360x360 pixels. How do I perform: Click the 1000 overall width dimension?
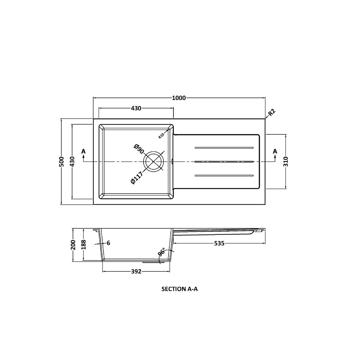pyautogui.click(x=179, y=98)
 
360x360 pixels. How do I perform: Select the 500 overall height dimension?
pyautogui.click(x=62, y=162)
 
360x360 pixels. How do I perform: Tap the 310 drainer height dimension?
pyautogui.click(x=286, y=162)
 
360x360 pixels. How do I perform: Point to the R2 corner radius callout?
pyautogui.click(x=272, y=113)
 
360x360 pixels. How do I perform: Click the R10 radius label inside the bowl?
pyautogui.click(x=162, y=136)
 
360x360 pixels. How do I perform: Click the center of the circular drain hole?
pyautogui.click(x=153, y=162)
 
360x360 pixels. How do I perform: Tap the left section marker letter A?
pyautogui.click(x=83, y=152)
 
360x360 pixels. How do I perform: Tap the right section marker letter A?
pyautogui.click(x=275, y=152)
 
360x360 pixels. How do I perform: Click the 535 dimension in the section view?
pyautogui.click(x=219, y=243)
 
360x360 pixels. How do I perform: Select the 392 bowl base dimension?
pyautogui.click(x=136, y=271)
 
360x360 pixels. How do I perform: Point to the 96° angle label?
pyautogui.click(x=162, y=252)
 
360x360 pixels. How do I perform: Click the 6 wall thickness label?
pyautogui.click(x=109, y=243)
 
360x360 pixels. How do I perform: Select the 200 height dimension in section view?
pyautogui.click(x=73, y=245)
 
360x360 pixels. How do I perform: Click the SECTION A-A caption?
pyautogui.click(x=179, y=289)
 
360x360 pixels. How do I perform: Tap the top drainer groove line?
pyautogui.click(x=224, y=147)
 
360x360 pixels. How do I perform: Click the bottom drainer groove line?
pyautogui.click(x=224, y=176)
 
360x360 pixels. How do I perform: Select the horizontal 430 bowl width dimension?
pyautogui.click(x=136, y=109)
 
